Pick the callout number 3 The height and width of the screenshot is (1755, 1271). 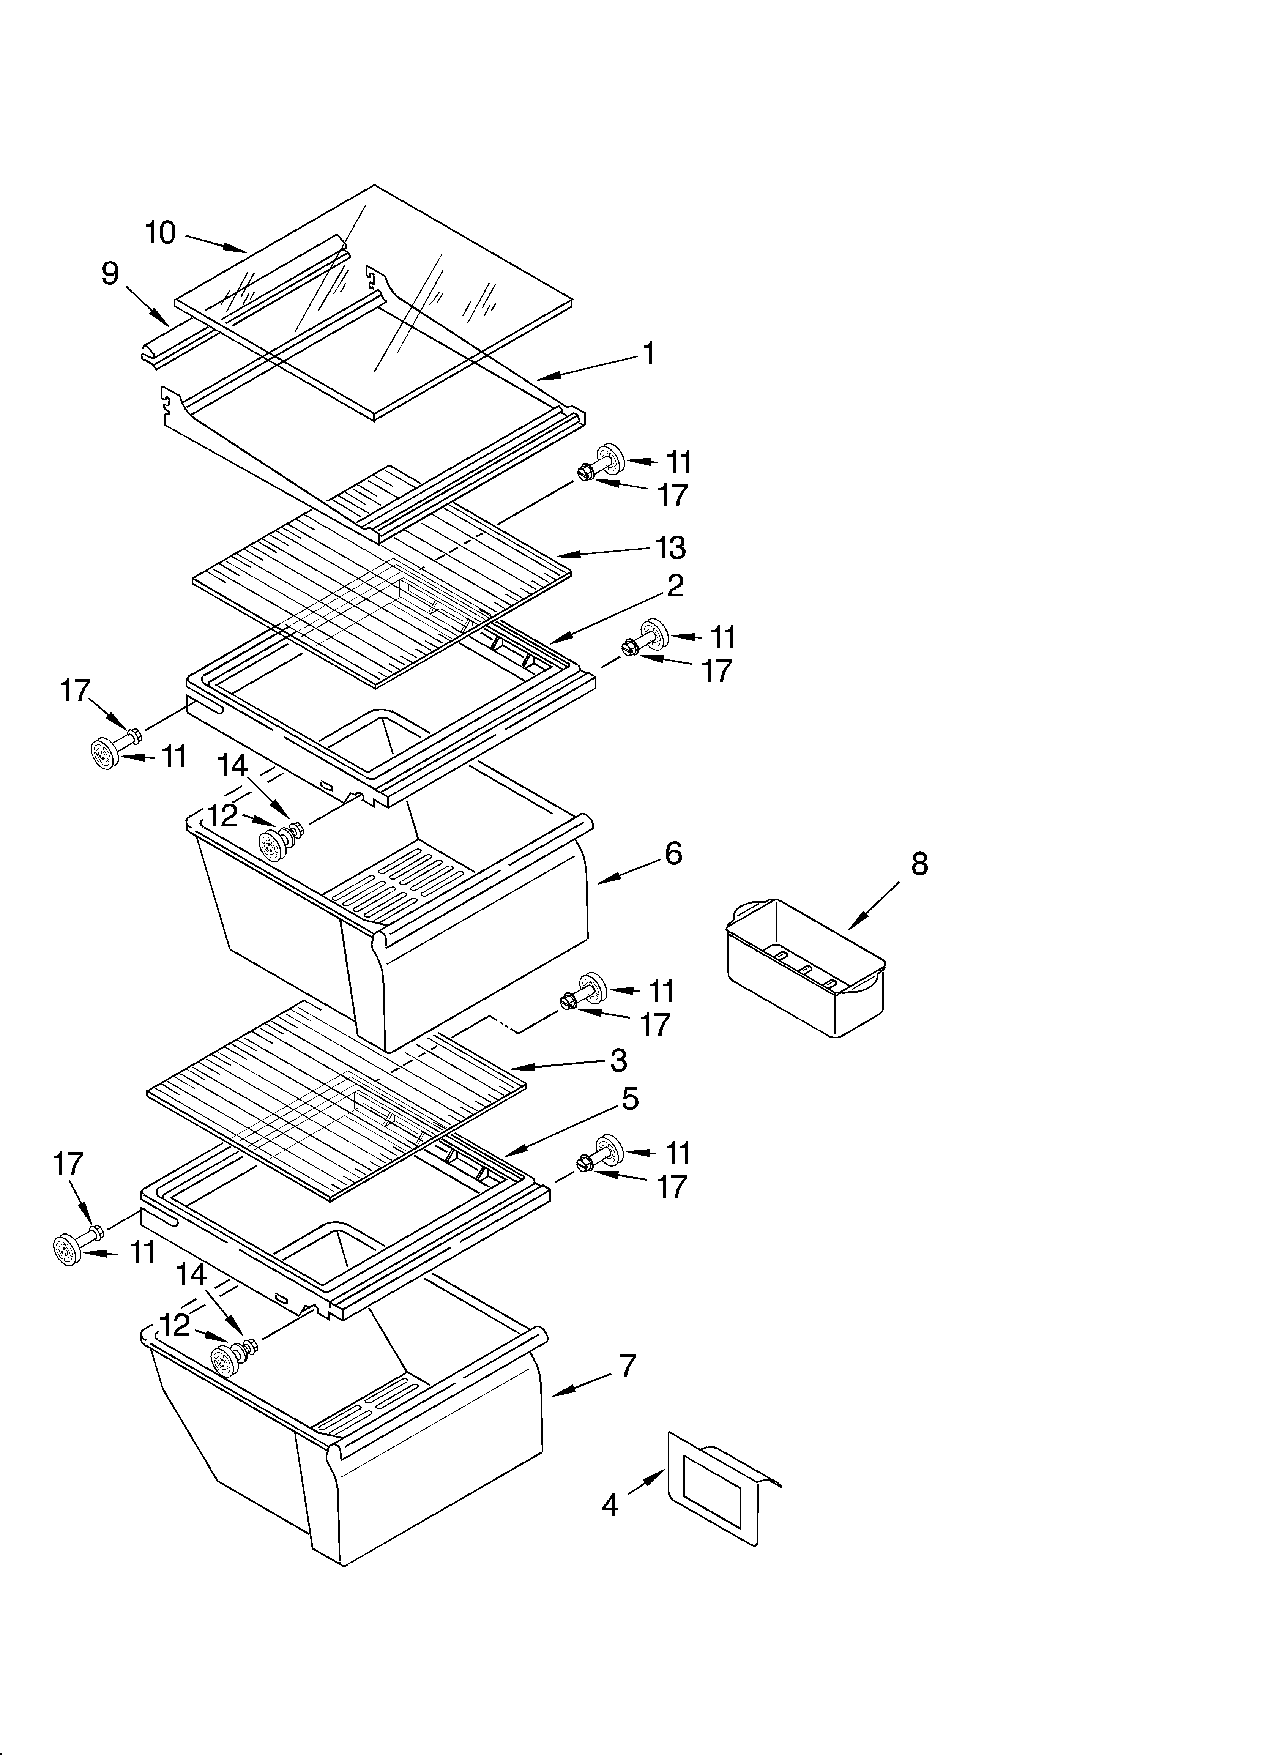(x=618, y=1061)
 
